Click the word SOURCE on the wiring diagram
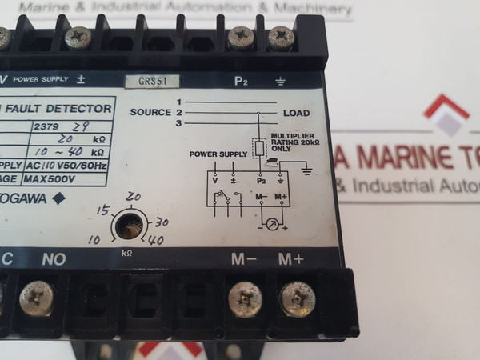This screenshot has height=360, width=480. pos(151,113)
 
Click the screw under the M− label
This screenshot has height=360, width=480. pos(246,299)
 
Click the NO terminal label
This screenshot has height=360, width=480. pos(54,259)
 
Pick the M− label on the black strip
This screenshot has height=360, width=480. pos(244,259)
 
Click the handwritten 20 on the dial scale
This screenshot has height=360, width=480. pos(134,197)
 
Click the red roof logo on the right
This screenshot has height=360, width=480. pos(446,114)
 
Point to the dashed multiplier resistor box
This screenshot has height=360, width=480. pos(259,148)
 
